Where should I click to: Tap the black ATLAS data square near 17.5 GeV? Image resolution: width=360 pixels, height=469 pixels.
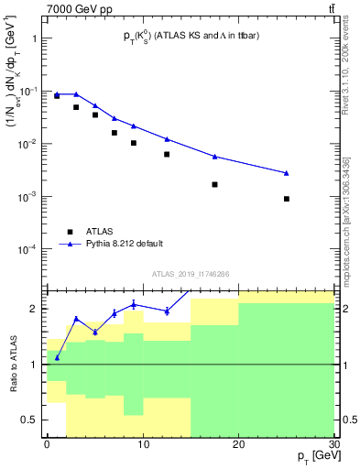tap(214, 184)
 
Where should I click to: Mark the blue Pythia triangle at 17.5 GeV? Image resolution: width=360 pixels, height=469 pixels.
tap(214, 157)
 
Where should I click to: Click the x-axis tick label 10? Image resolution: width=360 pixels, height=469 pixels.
tap(142, 443)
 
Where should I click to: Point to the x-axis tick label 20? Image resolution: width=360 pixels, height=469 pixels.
tap(238, 443)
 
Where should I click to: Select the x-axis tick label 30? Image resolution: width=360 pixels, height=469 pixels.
tap(333, 443)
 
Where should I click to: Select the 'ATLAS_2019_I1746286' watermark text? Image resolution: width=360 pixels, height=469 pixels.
tap(191, 274)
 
